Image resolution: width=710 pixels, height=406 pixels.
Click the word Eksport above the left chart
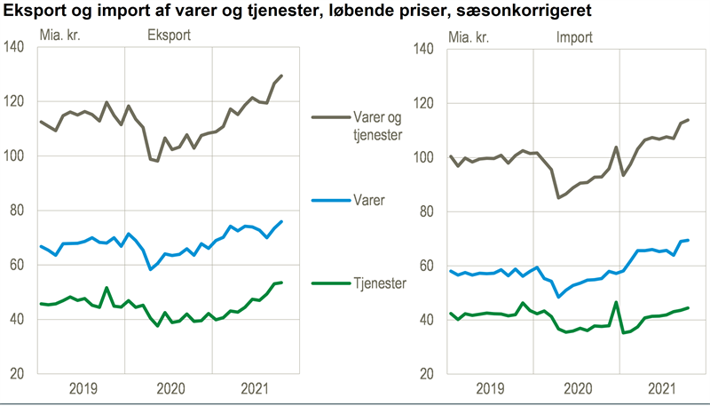click(x=168, y=37)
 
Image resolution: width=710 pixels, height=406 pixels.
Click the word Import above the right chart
click(x=575, y=37)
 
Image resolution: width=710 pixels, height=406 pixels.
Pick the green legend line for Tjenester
click(x=330, y=283)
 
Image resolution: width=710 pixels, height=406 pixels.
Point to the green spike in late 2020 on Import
click(x=616, y=302)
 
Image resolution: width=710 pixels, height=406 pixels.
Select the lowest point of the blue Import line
click(x=558, y=296)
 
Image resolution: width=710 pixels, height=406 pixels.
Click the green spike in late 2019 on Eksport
click(x=106, y=288)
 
